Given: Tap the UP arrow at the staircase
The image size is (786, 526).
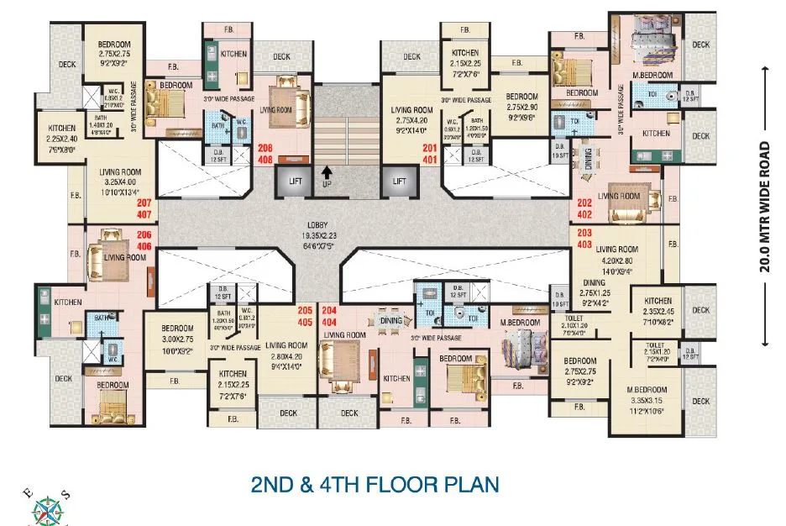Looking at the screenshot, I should [x=326, y=177].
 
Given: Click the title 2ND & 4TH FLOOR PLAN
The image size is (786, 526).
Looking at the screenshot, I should [x=375, y=485].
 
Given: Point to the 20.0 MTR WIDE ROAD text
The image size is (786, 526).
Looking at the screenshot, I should [x=765, y=207].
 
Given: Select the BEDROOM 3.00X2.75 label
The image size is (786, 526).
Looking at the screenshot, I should [x=177, y=339].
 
